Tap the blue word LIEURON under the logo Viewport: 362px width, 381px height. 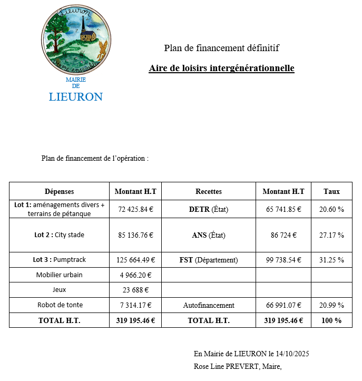pyautogui.click(x=75, y=97)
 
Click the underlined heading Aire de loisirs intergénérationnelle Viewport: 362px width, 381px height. pyautogui.click(x=221, y=69)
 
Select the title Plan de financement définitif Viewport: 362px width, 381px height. pyautogui.click(x=221, y=48)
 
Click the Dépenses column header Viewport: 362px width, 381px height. pyautogui.click(x=59, y=191)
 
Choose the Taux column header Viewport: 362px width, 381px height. pyautogui.click(x=331, y=191)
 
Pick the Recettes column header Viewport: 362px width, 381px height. pyautogui.click(x=209, y=191)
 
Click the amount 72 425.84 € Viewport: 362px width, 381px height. pyautogui.click(x=135, y=209)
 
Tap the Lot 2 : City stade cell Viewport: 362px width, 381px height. pyautogui.click(x=59, y=235)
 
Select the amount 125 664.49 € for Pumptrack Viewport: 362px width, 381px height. pyautogui.click(x=135, y=260)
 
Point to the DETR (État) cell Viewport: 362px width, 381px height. pyautogui.click(x=209, y=209)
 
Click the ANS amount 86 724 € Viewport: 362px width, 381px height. pyautogui.click(x=283, y=235)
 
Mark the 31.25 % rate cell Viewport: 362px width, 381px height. pyautogui.click(x=331, y=260)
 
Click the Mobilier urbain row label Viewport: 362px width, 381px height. pyautogui.click(x=59, y=275)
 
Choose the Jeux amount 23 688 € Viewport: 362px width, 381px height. pyautogui.click(x=135, y=289)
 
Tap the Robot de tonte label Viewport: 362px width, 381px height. pyautogui.click(x=60, y=305)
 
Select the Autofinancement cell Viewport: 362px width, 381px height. pyautogui.click(x=209, y=305)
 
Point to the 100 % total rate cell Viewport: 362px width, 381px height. pyautogui.click(x=331, y=320)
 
